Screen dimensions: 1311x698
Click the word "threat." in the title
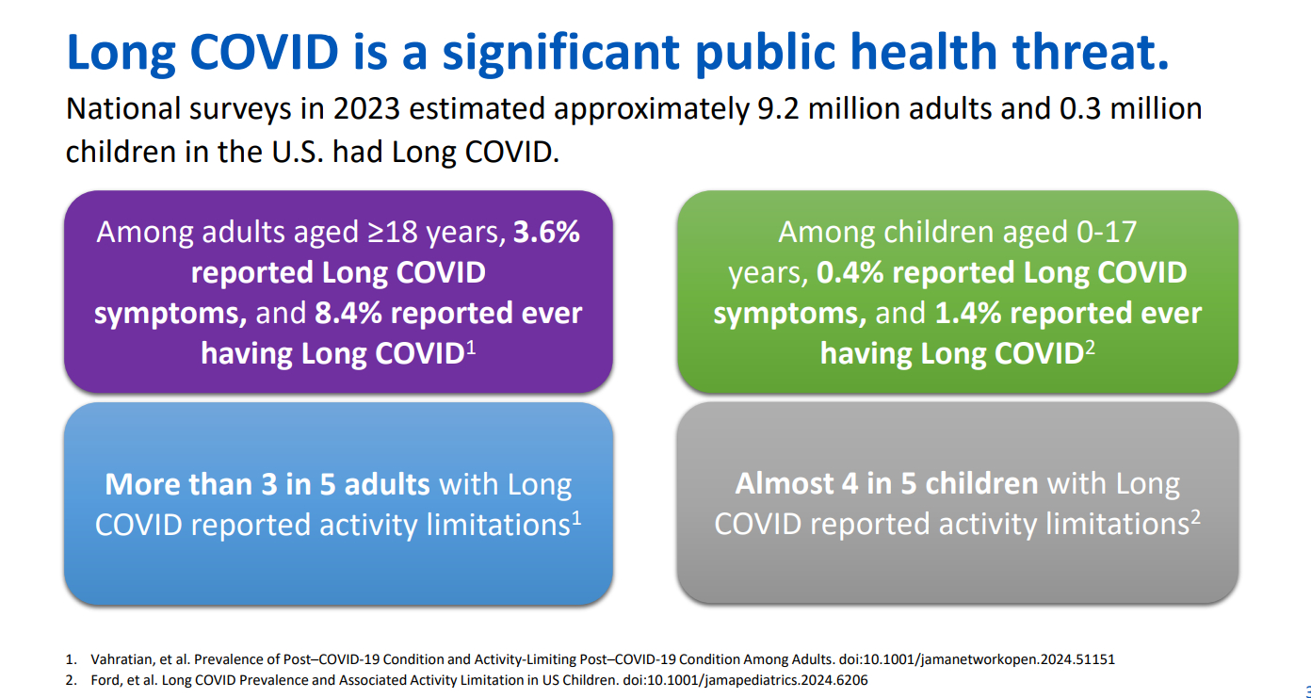pos(1091,52)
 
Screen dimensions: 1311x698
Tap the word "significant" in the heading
pos(560,54)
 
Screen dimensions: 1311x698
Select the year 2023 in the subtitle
pos(366,108)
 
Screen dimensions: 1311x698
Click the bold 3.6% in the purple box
pos(546,232)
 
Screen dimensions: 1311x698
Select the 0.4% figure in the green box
pos(850,272)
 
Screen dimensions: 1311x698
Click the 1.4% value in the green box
pos(968,313)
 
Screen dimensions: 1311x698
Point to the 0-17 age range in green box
pos(1107,232)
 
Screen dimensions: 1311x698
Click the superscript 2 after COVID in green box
pos(1090,348)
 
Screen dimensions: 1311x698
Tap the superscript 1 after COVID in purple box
pos(471,348)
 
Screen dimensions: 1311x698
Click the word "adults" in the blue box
pos(387,484)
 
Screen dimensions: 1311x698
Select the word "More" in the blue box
pos(142,484)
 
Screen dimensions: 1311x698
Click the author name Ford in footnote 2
pos(105,680)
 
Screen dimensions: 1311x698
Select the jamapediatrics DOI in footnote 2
pos(745,680)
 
